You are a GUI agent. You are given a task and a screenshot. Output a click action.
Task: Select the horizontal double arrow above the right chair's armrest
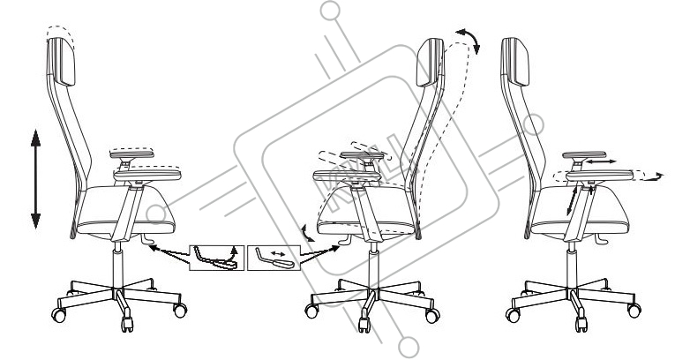(x=604, y=163)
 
